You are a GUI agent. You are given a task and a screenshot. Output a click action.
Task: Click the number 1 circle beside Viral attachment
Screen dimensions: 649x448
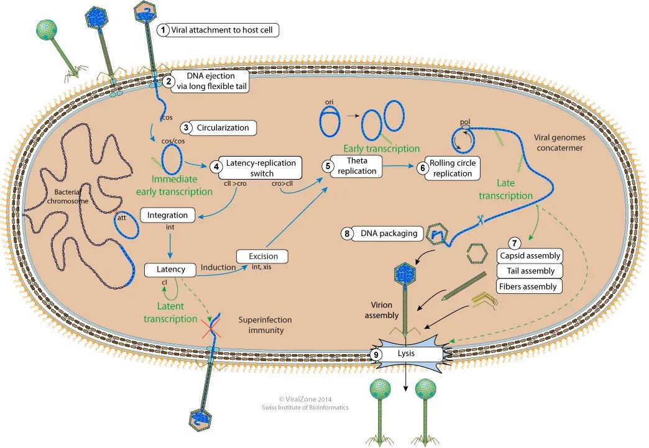[163, 30]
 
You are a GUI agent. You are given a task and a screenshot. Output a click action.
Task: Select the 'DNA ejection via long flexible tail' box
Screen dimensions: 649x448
[211, 81]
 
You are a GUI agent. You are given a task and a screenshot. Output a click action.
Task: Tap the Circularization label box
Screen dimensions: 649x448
[223, 128]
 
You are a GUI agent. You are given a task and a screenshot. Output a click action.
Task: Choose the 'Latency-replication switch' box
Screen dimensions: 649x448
[260, 168]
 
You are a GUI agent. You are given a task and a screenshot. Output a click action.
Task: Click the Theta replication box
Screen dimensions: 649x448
[356, 166]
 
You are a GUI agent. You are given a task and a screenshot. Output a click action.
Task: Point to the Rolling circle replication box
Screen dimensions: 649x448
[453, 168]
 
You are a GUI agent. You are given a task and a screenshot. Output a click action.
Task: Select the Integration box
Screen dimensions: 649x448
[168, 215]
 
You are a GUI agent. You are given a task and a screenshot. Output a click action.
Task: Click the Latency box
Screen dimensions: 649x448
[170, 270]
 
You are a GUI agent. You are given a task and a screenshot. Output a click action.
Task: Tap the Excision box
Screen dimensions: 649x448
[262, 256]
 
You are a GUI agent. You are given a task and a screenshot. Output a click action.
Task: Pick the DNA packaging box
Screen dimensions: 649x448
[389, 234]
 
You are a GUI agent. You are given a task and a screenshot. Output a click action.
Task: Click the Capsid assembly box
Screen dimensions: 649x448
[530, 255]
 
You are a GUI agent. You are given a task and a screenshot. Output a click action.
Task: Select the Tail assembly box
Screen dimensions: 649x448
[530, 271]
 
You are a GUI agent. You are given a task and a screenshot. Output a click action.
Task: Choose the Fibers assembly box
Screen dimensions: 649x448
[529, 286]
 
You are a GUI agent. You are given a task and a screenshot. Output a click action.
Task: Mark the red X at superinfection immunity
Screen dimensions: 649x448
[211, 329]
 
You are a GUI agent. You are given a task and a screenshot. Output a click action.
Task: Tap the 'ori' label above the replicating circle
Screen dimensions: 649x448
[329, 102]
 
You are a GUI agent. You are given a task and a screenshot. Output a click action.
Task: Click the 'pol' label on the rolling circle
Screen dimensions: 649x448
[465, 122]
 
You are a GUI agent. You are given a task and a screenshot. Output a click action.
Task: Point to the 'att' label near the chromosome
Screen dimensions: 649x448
[122, 217]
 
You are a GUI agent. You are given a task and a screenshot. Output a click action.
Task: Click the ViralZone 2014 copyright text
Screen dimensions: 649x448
[305, 400]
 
